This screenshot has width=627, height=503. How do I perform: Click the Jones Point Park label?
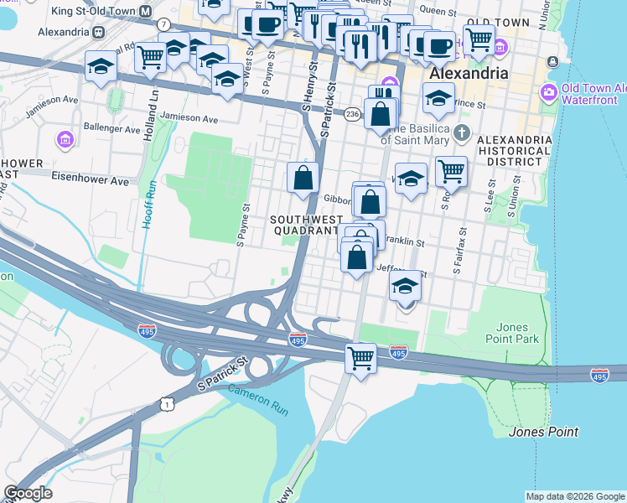pyautogui.click(x=512, y=333)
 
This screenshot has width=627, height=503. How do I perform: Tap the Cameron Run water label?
pyautogui.click(x=252, y=392)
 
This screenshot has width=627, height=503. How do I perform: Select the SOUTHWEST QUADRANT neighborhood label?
pyautogui.click(x=303, y=225)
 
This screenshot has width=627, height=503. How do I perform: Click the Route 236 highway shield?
pyautogui.click(x=354, y=112)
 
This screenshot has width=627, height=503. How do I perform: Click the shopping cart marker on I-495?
pyautogui.click(x=360, y=358)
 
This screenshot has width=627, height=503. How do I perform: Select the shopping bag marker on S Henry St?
pyautogui.click(x=303, y=178)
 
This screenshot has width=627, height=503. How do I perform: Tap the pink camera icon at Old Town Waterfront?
pyautogui.click(x=550, y=91)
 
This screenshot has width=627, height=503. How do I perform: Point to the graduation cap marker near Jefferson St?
pyautogui.click(x=405, y=287)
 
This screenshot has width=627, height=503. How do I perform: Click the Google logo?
pyautogui.click(x=28, y=493)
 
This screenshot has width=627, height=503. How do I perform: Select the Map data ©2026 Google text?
pyautogui.click(x=575, y=496)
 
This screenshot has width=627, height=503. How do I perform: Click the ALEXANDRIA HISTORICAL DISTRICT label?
pyautogui.click(x=514, y=151)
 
